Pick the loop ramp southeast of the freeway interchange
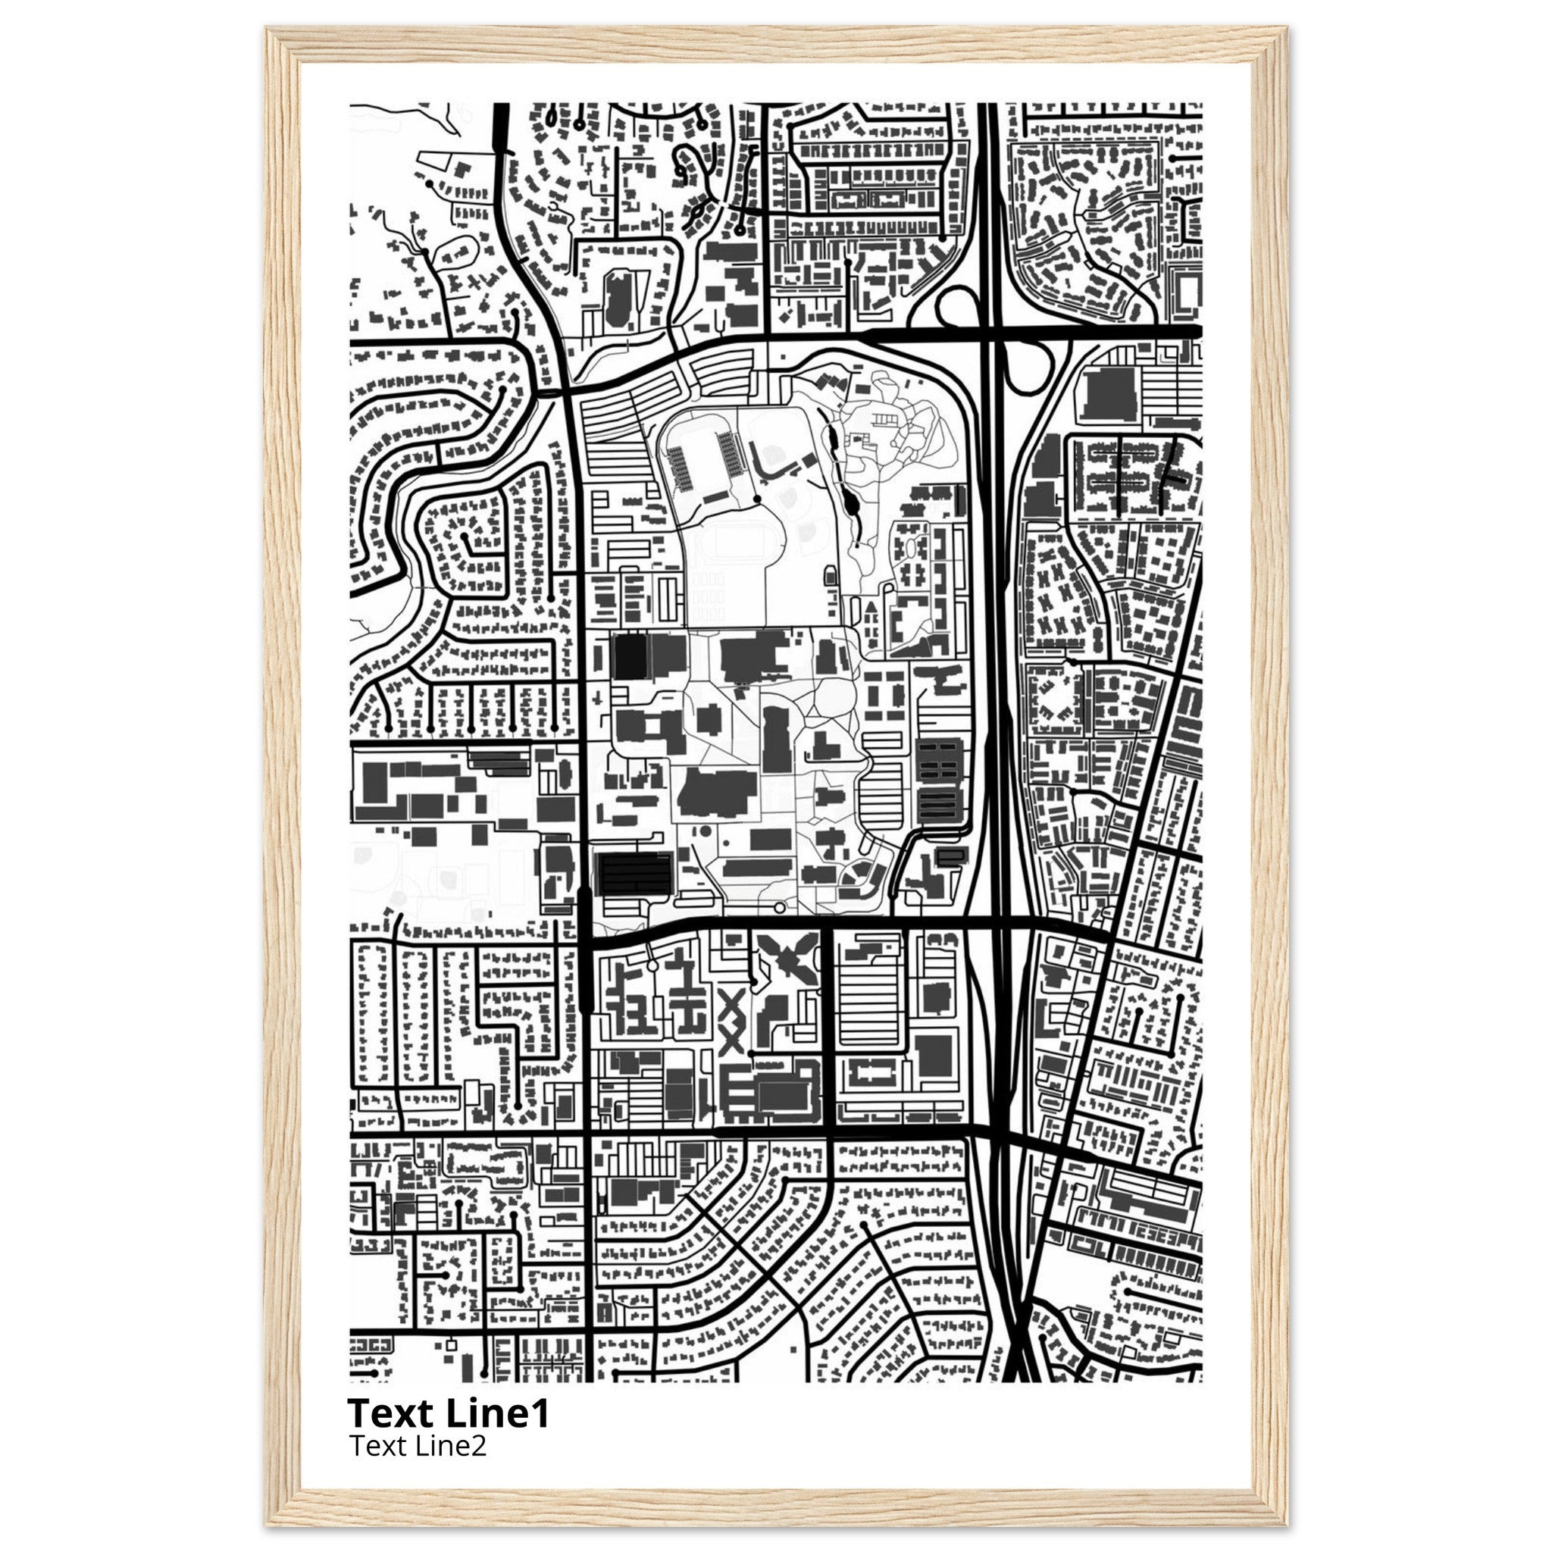tap(1030, 368)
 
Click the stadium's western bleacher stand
tap(680, 468)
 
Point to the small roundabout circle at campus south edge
tap(778, 908)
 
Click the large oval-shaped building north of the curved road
tap(616, 299)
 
